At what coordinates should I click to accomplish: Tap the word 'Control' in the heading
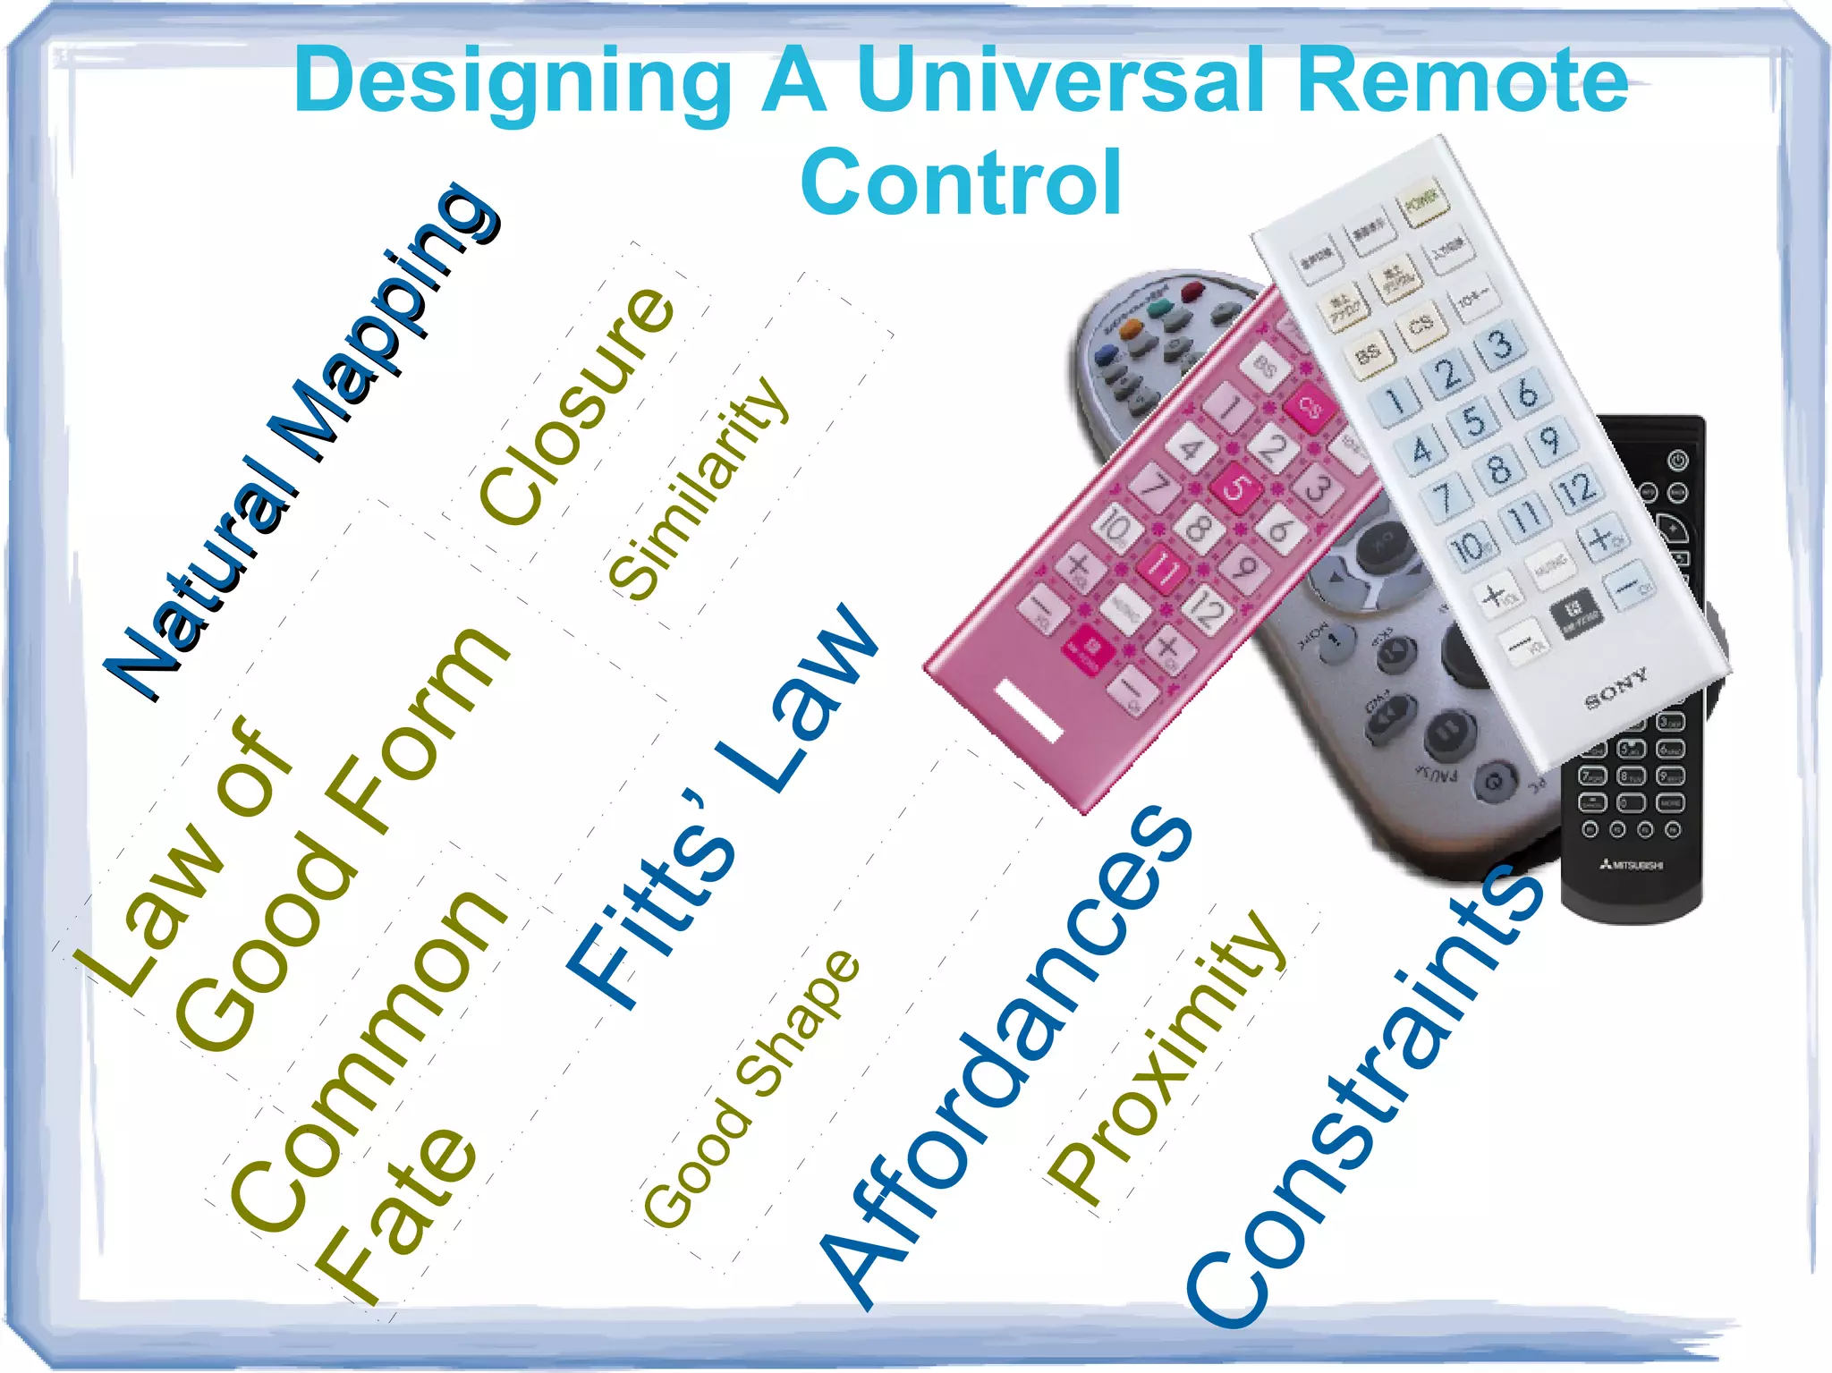[961, 183]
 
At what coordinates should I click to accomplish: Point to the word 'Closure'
[577, 407]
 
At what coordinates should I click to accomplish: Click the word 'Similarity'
[698, 487]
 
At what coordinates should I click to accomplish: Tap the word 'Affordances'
[1006, 1055]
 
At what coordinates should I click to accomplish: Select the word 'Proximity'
[1167, 1060]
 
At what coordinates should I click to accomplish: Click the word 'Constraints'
[1364, 1096]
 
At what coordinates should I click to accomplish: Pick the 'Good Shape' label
[751, 1087]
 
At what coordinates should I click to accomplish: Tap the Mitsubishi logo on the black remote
[1633, 865]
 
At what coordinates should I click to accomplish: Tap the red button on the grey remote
[1193, 292]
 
